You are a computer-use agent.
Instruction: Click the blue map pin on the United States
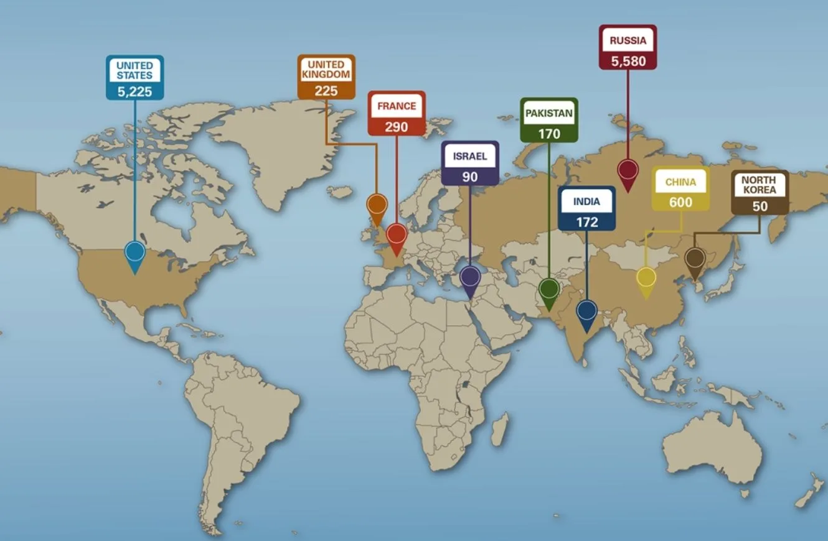pyautogui.click(x=134, y=252)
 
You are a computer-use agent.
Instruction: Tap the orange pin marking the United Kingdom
pyautogui.click(x=377, y=205)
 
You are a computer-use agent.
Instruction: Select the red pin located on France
pyautogui.click(x=397, y=235)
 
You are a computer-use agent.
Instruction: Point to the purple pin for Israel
pyautogui.click(x=470, y=277)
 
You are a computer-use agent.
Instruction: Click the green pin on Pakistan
pyautogui.click(x=549, y=289)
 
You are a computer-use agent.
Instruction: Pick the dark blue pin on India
pyautogui.click(x=586, y=310)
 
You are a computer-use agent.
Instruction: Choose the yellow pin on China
pyautogui.click(x=646, y=277)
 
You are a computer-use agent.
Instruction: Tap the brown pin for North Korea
pyautogui.click(x=695, y=257)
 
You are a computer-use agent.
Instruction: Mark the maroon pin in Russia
pyautogui.click(x=628, y=170)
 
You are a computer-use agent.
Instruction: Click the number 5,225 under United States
pyautogui.click(x=134, y=91)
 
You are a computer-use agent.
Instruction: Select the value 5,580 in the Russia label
pyautogui.click(x=628, y=61)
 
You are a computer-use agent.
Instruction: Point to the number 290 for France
pyautogui.click(x=397, y=127)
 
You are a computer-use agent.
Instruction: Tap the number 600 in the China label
pyautogui.click(x=680, y=202)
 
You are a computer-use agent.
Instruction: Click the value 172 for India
pyautogui.click(x=586, y=222)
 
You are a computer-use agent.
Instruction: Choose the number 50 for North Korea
pyautogui.click(x=760, y=206)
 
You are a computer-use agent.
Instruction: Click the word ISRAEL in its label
pyautogui.click(x=470, y=156)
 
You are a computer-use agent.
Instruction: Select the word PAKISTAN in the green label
pyautogui.click(x=549, y=114)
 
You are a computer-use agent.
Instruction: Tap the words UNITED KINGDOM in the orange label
pyautogui.click(x=326, y=69)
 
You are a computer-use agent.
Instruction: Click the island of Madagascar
pyautogui.click(x=500, y=430)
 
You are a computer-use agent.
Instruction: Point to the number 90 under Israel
pyautogui.click(x=470, y=177)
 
